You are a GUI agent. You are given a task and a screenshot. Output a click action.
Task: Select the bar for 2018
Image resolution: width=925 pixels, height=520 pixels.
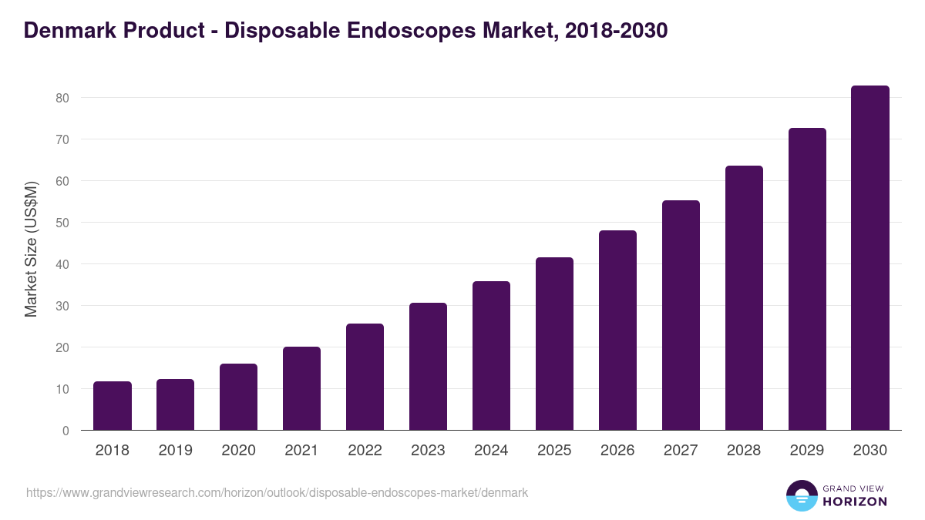pos(113,406)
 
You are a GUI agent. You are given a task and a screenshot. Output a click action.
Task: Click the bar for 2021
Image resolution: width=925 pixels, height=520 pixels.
pos(301,388)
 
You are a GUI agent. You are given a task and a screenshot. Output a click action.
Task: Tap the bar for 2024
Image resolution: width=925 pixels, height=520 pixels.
pos(491,356)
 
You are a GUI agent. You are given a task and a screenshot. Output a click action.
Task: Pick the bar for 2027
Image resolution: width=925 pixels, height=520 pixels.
pos(681,315)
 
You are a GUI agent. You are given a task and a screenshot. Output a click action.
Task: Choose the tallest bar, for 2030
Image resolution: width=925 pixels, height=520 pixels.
pos(870,258)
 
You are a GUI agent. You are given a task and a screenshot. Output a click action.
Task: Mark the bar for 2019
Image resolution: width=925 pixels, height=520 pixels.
pos(175,404)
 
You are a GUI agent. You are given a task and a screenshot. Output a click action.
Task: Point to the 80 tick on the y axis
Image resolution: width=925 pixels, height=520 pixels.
pos(62,98)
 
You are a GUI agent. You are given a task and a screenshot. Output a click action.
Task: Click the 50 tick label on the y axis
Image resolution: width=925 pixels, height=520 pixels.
pos(62,223)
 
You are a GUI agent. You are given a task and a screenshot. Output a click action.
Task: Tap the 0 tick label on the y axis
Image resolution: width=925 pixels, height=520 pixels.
pos(66,431)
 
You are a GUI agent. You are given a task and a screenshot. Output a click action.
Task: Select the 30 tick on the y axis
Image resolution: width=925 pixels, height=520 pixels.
pos(62,306)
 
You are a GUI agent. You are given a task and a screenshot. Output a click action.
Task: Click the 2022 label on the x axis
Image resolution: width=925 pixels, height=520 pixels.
pos(365,451)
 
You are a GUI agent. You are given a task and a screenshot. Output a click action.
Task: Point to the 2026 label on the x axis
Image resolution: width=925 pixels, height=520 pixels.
pos(617,451)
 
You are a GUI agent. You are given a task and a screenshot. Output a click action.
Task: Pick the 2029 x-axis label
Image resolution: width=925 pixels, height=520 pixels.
pos(807,451)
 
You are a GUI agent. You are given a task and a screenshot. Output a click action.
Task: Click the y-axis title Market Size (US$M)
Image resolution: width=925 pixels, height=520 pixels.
pos(31,249)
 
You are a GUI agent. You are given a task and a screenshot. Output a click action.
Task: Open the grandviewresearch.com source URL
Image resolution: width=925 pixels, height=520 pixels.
pos(277,492)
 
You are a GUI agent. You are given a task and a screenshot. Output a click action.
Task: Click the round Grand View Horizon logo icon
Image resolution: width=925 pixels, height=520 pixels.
pos(801,495)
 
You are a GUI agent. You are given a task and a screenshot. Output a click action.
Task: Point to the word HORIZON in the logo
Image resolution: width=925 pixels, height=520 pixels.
pos(855,502)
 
